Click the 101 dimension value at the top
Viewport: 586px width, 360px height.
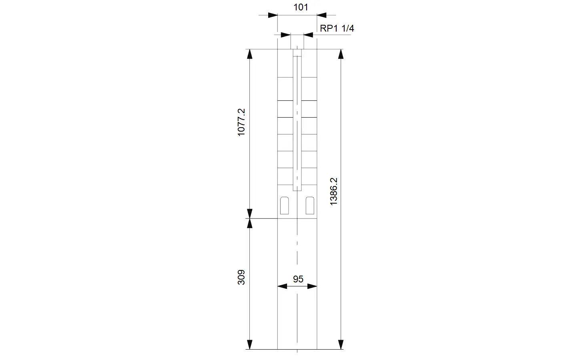[x=301, y=7]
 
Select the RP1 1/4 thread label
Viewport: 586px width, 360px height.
[x=337, y=28]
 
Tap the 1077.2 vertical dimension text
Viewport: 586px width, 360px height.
[x=241, y=122]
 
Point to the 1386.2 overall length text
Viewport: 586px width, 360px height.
[x=333, y=191]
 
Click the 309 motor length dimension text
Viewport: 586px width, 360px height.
[x=241, y=277]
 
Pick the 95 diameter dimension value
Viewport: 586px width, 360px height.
[x=298, y=279]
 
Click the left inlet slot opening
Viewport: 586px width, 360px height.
[x=284, y=206]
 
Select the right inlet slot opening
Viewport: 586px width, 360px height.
[x=310, y=206]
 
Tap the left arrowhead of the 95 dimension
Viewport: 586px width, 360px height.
[x=282, y=286]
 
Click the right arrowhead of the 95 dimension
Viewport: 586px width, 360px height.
[x=312, y=286]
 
